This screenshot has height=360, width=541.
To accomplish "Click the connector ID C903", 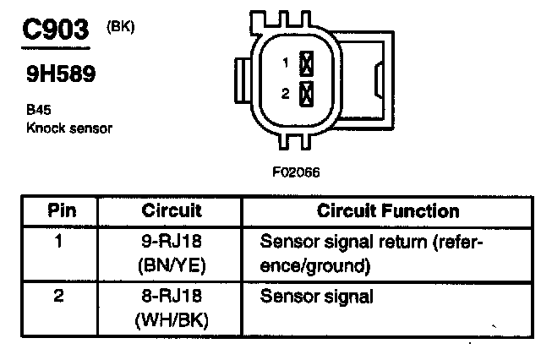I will (x=55, y=30).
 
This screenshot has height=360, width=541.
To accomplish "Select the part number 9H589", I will (x=61, y=74).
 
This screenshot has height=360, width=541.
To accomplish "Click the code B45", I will (x=37, y=111).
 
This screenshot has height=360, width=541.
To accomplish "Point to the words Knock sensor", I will (x=69, y=128).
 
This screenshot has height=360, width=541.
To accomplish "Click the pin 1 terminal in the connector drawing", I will (x=308, y=63).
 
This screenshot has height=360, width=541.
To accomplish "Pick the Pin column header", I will (x=60, y=210).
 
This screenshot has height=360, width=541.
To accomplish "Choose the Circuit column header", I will (x=172, y=210).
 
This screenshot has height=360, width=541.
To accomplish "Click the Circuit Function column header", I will (x=388, y=210).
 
